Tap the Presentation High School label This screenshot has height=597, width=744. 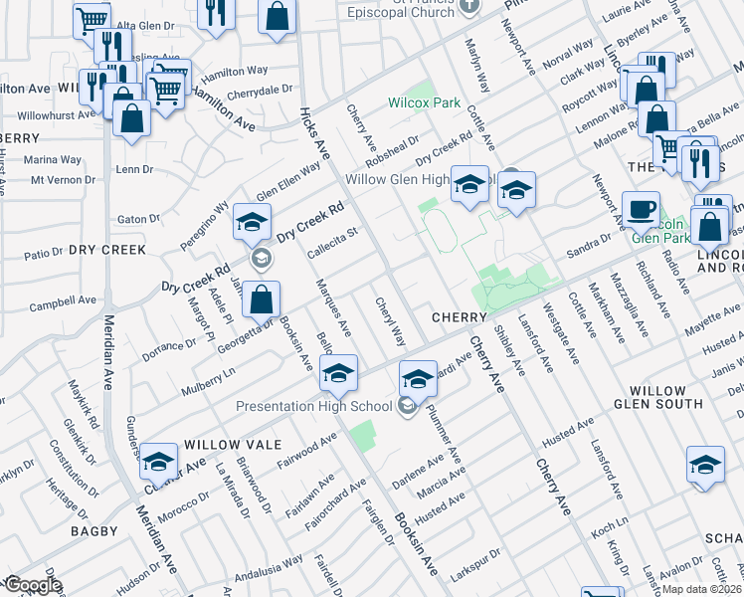313,406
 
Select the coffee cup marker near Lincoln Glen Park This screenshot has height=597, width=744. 640,210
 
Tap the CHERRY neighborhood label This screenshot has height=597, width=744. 459,316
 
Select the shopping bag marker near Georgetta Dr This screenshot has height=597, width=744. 261,298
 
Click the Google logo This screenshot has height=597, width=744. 32,584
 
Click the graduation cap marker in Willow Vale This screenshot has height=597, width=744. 158,462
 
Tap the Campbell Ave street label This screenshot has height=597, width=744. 62,299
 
